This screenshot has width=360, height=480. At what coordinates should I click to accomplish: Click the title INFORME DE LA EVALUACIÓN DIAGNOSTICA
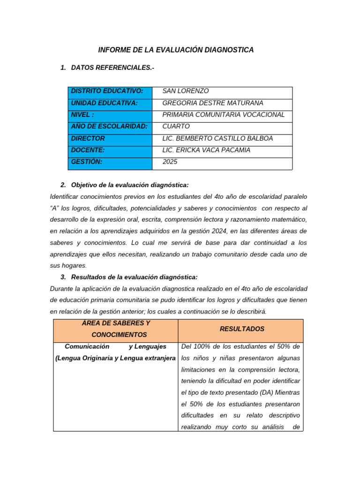point(176,50)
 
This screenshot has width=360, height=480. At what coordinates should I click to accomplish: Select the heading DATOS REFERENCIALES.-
point(112,68)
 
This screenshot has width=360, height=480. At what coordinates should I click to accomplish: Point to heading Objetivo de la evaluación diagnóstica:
point(129,185)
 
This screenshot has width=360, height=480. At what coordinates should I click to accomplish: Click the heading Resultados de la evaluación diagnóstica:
point(134,277)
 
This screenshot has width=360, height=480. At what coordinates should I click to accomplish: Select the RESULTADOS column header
point(242,329)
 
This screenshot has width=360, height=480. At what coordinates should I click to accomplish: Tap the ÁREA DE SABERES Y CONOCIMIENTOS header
point(116,329)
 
